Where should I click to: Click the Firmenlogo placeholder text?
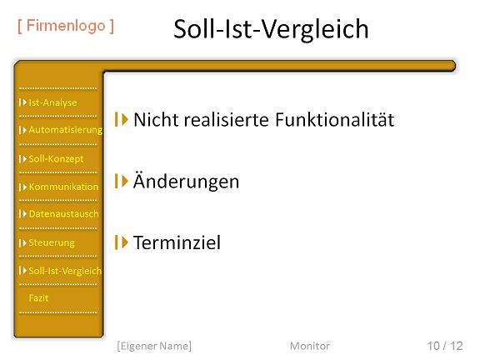click(66, 26)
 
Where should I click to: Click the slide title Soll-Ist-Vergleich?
click(271, 29)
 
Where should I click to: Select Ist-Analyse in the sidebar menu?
click(52, 102)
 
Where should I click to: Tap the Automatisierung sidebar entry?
click(66, 130)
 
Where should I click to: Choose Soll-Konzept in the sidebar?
click(56, 159)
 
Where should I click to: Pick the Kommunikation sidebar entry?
click(63, 187)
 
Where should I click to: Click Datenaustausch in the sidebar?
click(63, 214)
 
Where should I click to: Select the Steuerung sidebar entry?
click(52, 242)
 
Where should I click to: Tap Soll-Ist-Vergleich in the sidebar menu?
click(65, 271)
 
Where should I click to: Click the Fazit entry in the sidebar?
click(38, 297)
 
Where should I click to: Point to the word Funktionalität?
click(335, 119)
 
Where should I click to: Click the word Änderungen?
click(186, 181)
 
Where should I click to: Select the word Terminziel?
click(177, 242)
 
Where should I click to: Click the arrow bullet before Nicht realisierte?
click(121, 119)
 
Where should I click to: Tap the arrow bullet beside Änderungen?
click(121, 181)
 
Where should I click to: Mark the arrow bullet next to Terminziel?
click(121, 242)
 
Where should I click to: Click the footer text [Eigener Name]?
click(154, 346)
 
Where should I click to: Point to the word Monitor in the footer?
click(310, 346)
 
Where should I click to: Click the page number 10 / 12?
click(445, 346)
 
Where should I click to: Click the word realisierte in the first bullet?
click(227, 119)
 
